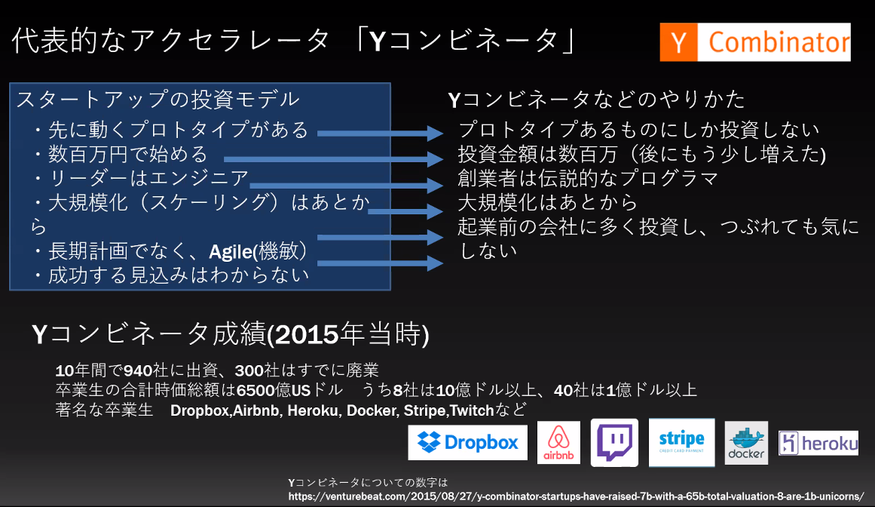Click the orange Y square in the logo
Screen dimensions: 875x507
678,42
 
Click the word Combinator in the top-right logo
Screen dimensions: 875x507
779,42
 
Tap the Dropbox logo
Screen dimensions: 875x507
467,442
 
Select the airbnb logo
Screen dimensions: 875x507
558,442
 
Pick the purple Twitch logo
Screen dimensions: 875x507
614,442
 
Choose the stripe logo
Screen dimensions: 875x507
681,442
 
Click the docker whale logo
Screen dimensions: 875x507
746,443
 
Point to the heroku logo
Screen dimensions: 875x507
818,444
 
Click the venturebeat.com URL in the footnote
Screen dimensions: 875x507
576,496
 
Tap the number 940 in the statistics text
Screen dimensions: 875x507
138,370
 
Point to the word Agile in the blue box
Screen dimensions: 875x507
231,252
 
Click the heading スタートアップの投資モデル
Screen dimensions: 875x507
158,100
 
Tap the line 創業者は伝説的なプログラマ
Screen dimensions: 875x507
588,178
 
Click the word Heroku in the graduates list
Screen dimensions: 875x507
313,410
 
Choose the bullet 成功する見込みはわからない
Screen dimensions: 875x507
170,275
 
